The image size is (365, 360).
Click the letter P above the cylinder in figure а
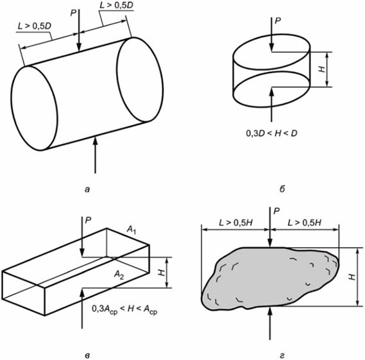point(73,13)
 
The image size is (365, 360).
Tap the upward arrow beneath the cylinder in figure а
point(95,155)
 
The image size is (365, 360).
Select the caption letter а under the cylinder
point(87,190)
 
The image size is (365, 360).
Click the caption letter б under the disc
point(282,189)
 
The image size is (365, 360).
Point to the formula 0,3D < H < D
point(271,133)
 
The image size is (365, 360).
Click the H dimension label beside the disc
point(322,69)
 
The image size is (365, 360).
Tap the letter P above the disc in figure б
point(278,21)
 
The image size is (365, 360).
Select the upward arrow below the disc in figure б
point(271,105)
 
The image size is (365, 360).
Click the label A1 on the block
point(132,230)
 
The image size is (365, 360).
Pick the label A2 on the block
point(119,275)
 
